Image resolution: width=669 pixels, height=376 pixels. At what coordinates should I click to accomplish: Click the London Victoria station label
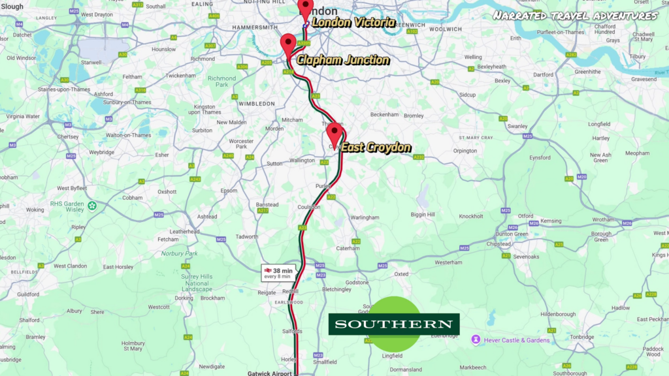coord(353,23)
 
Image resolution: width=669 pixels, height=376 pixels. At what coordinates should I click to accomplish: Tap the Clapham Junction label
coord(343,60)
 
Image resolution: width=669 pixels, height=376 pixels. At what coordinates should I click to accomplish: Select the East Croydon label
coord(376,148)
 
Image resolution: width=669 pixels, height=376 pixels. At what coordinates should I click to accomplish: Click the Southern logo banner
coord(393,324)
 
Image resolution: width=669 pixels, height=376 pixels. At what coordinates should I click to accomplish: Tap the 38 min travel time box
coord(278,273)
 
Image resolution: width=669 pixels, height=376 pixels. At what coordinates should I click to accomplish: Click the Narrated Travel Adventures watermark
coord(574,15)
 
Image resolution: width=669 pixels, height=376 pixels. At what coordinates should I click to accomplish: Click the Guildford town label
coord(28,294)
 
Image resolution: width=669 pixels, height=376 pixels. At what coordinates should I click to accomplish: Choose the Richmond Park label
coord(221,82)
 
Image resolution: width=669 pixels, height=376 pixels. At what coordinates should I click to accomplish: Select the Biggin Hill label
coord(423,214)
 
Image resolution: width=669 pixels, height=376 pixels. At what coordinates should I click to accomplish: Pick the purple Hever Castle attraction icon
coord(476,339)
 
